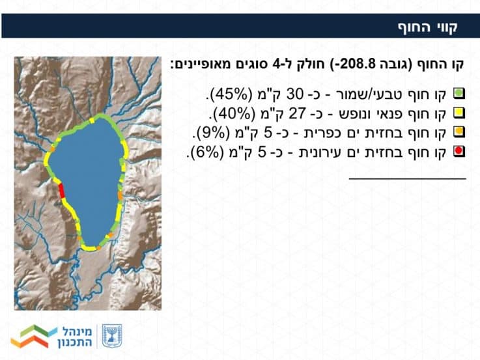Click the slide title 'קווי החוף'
pyautogui.click(x=428, y=27)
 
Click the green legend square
pyautogui.click(x=459, y=93)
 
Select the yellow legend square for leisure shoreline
pyautogui.click(x=459, y=113)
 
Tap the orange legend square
pyautogui.click(x=459, y=132)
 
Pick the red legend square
pyautogui.click(x=459, y=151)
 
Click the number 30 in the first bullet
pyautogui.click(x=294, y=94)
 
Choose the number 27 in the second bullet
pyautogui.click(x=297, y=113)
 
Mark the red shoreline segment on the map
pyautogui.click(x=61, y=191)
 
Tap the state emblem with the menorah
pyautogui.click(x=112, y=336)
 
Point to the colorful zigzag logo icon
pyautogui.click(x=34, y=336)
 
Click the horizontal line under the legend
pyautogui.click(x=408, y=178)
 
